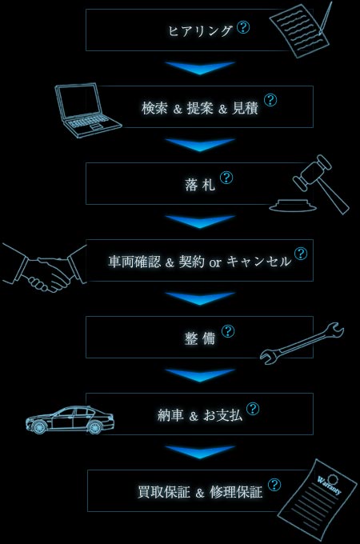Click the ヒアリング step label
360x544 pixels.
point(200,30)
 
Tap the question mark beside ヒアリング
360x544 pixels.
point(243,27)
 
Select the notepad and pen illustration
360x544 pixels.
point(301,30)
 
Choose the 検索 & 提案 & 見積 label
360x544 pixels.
point(200,108)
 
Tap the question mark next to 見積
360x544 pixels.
point(270,100)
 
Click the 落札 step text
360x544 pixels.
point(200,185)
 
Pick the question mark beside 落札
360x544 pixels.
point(226,178)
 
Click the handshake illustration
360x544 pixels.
point(45,269)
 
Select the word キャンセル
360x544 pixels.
point(259,262)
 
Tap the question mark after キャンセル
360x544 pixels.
point(301,254)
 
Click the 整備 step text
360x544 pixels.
point(200,338)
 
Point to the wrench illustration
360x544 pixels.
point(302,343)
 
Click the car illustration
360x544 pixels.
point(70,419)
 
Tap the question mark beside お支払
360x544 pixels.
point(253,409)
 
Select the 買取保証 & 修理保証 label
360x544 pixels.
point(200,492)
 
